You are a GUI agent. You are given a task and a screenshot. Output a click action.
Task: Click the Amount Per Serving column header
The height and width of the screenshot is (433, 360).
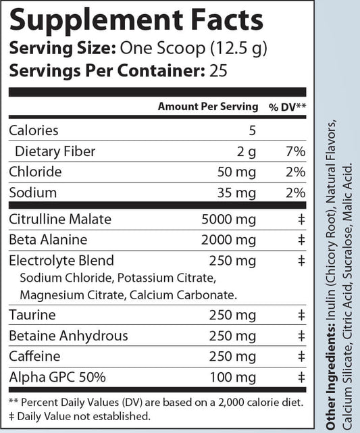pyautogui.click(x=207, y=107)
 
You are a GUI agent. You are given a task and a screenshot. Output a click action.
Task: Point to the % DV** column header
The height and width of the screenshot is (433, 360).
pyautogui.click(x=288, y=107)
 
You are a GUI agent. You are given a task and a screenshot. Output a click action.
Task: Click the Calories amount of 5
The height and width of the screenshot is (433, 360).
pyautogui.click(x=252, y=130)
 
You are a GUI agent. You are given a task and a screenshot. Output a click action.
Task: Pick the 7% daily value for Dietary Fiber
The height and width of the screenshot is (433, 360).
pyautogui.click(x=296, y=151)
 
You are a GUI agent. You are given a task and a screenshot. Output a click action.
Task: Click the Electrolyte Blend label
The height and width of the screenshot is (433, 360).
pyautogui.click(x=61, y=260)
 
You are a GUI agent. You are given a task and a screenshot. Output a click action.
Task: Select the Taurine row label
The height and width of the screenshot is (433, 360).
pyautogui.click(x=32, y=315)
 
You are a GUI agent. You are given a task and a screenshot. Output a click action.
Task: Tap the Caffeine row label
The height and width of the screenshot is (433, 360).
pyautogui.click(x=34, y=357)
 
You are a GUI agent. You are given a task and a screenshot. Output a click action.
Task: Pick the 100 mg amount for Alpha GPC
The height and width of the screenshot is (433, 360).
pyautogui.click(x=234, y=378)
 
